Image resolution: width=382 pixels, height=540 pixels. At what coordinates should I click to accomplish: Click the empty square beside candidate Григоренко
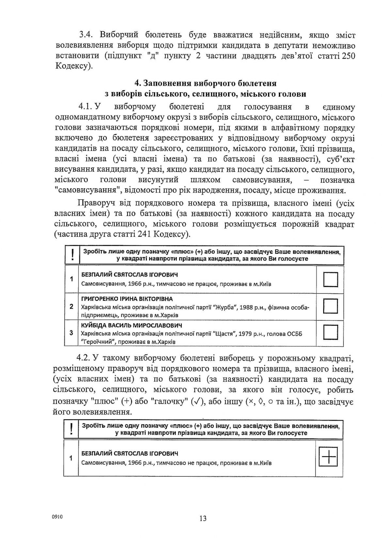(x=330, y=306)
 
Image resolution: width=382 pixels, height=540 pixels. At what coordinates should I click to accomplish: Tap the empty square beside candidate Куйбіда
(x=330, y=332)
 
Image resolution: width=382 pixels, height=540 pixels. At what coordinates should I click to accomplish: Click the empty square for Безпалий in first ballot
(x=330, y=280)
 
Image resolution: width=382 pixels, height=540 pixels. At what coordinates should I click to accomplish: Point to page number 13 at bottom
(x=202, y=518)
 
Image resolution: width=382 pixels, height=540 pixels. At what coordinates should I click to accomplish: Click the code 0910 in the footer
(x=57, y=517)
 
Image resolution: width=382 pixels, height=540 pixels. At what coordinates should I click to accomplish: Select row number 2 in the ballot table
(x=72, y=306)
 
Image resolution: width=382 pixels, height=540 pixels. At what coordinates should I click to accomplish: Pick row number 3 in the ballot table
(x=72, y=333)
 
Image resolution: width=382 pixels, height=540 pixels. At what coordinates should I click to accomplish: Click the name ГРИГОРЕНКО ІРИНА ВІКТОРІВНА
(x=127, y=299)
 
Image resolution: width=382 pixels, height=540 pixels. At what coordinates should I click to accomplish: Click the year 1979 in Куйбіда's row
(x=245, y=333)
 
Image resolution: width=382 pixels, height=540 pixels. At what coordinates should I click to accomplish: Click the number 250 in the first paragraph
(x=347, y=56)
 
